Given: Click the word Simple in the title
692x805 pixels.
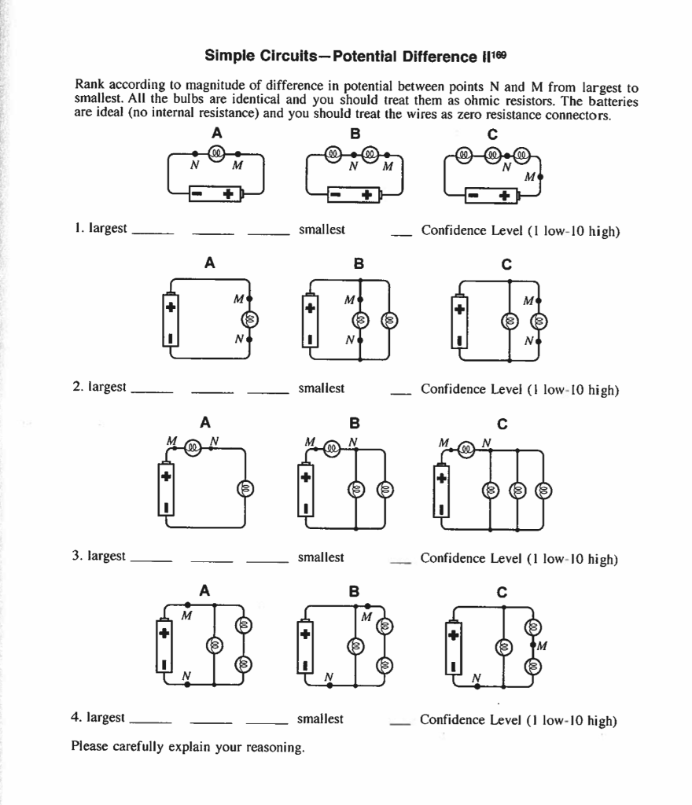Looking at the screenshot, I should tap(226, 57).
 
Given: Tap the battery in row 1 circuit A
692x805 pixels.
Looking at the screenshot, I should tap(216, 193).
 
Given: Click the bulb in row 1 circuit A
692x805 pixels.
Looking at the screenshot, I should tap(216, 153).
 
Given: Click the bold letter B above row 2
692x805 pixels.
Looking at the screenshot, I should tap(359, 265).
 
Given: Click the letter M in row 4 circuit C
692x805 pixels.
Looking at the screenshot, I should tap(542, 647).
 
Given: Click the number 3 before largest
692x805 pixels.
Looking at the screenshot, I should tap(76, 556).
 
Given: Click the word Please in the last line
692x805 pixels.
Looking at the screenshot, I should tap(90, 746).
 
